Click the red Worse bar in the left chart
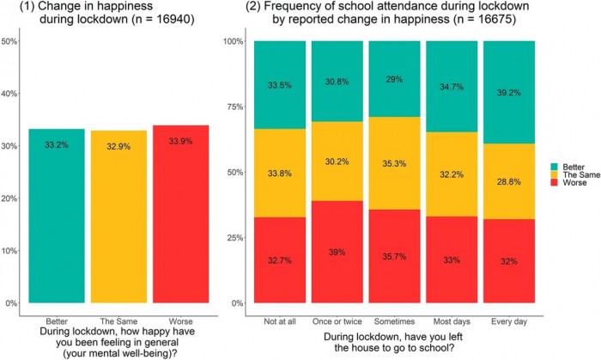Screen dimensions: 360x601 (181, 214)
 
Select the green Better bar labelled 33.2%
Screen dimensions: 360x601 (58, 216)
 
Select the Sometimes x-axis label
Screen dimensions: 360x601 (393, 319)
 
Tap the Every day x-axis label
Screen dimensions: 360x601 (508, 319)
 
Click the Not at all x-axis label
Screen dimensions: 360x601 (278, 319)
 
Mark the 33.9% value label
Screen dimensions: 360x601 (181, 142)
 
